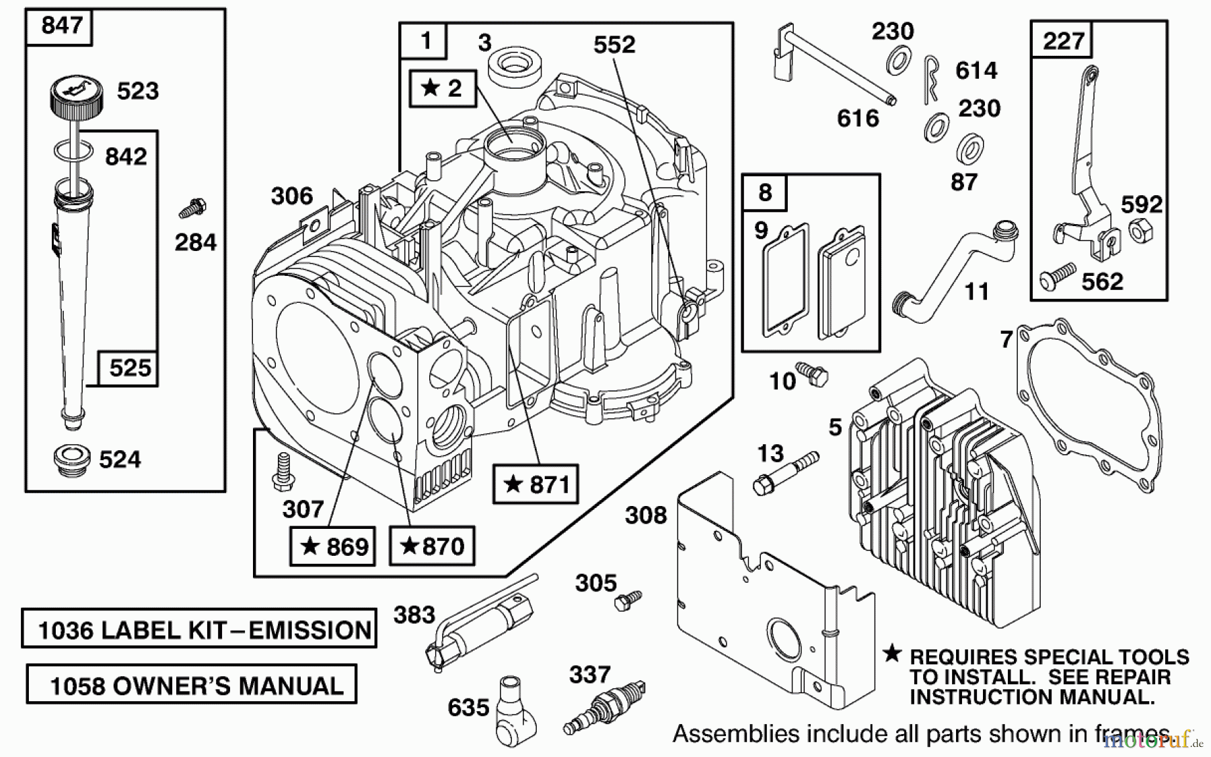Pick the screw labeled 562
pyautogui.click(x=1057, y=277)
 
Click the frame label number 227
pyautogui.click(x=1064, y=41)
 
